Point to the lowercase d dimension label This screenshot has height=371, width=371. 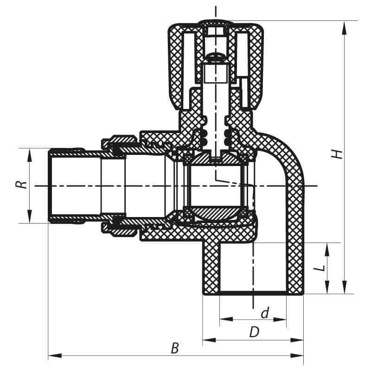click(x=265, y=313)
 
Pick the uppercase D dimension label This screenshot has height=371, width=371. click(x=254, y=332)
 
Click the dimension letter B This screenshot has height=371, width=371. click(x=175, y=348)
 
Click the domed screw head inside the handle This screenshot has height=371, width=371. click(x=216, y=58)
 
